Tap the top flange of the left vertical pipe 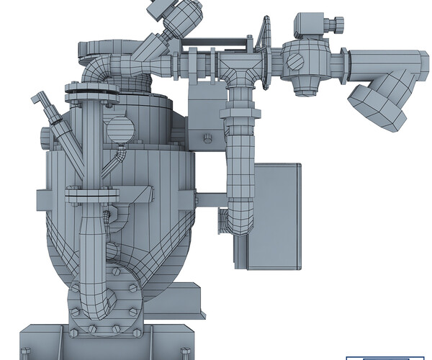coord(92,91)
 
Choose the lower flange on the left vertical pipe coord(91,193)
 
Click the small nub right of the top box coord(333,26)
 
